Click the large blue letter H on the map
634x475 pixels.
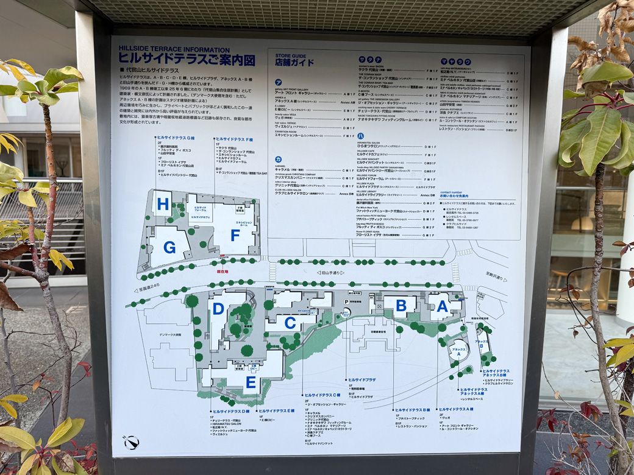pos(162,205)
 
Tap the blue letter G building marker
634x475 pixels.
pos(169,247)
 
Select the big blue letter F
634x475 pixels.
pos(235,235)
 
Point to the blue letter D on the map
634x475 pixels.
pos(218,309)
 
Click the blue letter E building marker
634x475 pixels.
pos(251,382)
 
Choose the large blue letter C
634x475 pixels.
pos(290,323)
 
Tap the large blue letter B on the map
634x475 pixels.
pos(401,306)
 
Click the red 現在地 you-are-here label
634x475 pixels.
pos(223,272)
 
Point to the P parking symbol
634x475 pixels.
pos(346,301)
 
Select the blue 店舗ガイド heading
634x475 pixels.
pos(294,63)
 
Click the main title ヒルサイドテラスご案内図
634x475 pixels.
pos(187,59)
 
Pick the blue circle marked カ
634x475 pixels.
pos(278,159)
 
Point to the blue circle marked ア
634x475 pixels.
pos(278,82)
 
